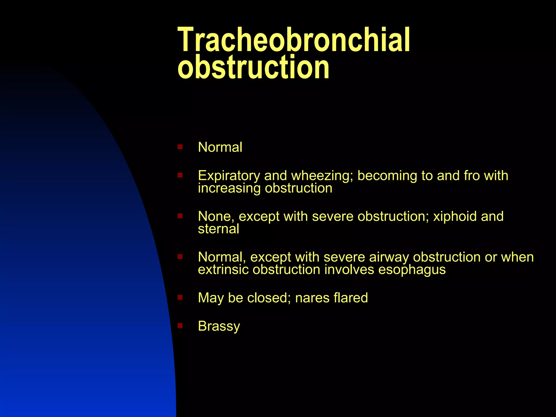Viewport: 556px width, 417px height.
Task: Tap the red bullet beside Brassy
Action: pyautogui.click(x=180, y=325)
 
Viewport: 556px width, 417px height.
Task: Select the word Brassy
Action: pyautogui.click(x=219, y=326)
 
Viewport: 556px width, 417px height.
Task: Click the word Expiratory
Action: pyautogui.click(x=229, y=176)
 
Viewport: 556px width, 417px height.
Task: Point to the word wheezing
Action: pyautogui.click(x=322, y=176)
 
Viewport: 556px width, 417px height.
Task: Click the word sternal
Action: pyautogui.click(x=219, y=229)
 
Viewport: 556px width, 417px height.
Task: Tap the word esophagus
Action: pyautogui.click(x=412, y=270)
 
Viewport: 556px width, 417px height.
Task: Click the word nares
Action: pyautogui.click(x=312, y=298)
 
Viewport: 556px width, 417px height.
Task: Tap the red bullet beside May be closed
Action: pyautogui.click(x=180, y=297)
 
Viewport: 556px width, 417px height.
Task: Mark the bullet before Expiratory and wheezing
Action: pyautogui.click(x=180, y=175)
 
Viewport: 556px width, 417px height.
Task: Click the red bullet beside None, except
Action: pyautogui.click(x=180, y=216)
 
